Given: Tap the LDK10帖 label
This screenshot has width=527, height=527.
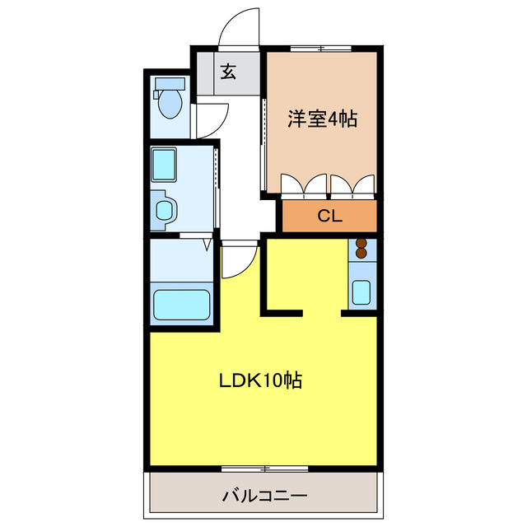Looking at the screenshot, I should [x=259, y=380].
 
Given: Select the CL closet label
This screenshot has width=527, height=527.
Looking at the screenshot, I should [x=329, y=217].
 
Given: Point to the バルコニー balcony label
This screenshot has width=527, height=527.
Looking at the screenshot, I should [x=263, y=497].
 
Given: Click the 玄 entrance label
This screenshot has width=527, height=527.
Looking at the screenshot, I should [x=228, y=72].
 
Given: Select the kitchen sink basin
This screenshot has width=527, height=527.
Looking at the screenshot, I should [x=361, y=291].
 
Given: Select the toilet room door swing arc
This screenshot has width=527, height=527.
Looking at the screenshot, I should [x=211, y=119].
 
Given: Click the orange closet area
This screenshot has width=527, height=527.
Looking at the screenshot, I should [x=329, y=217].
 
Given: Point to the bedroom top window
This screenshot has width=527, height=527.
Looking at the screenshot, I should [x=322, y=49].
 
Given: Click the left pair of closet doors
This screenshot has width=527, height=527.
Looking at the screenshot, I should [x=304, y=186].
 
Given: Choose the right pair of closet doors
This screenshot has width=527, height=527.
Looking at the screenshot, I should [x=354, y=186].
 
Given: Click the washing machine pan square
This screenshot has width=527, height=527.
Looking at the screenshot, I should [x=165, y=165].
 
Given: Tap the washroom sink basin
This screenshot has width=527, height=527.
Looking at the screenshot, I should [x=165, y=209].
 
